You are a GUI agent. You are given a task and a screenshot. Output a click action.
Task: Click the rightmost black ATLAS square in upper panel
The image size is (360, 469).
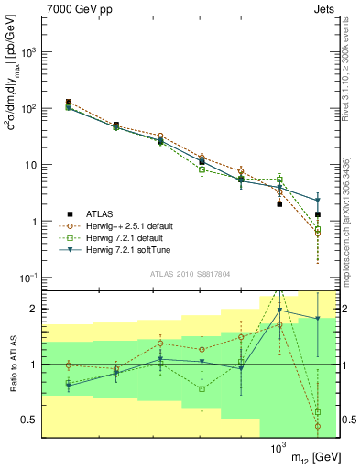[318, 214]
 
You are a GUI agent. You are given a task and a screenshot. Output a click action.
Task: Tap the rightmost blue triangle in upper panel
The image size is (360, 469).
[318, 200]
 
